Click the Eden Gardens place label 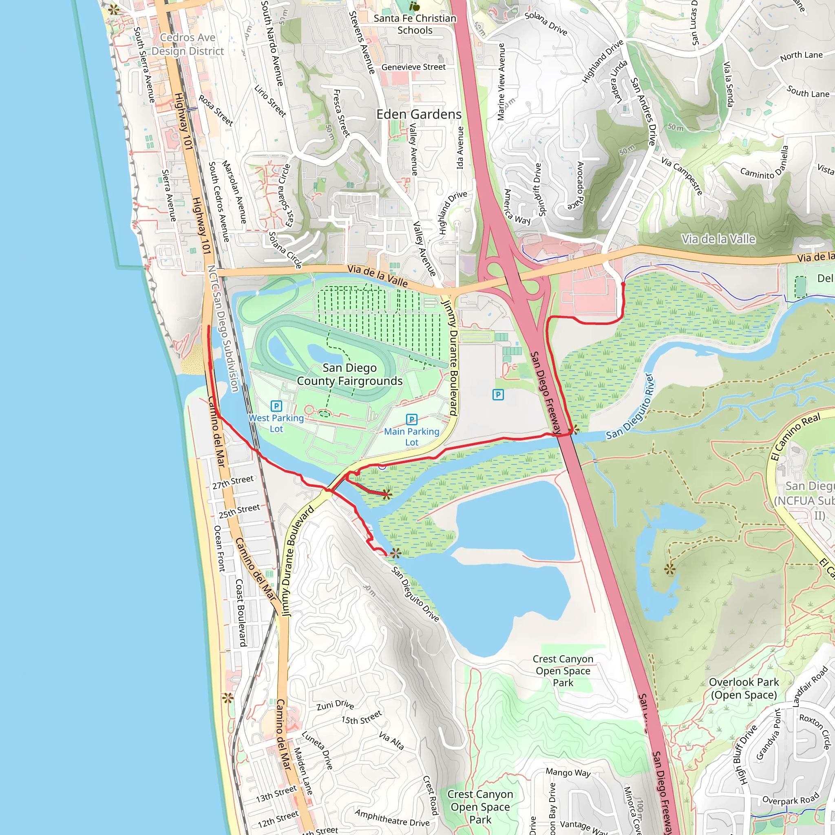point(419,115)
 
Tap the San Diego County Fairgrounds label point(350,374)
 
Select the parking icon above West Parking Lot point(276,406)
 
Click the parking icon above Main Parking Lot point(411,419)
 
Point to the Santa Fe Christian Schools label point(415,24)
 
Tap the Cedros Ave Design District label point(188,44)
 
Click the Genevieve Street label point(413,67)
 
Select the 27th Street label point(233,482)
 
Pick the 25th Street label point(239,511)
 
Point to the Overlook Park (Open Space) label point(744,689)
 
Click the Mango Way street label point(568,772)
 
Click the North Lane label point(801,56)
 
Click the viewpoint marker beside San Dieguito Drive point(395,553)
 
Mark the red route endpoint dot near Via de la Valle point(623,284)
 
